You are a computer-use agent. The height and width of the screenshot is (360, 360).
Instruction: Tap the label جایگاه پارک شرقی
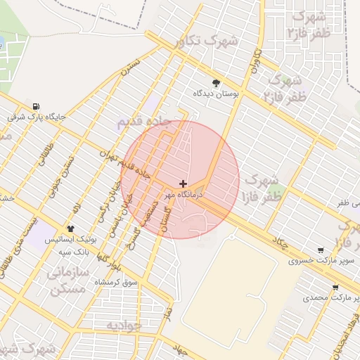click(x=36, y=117)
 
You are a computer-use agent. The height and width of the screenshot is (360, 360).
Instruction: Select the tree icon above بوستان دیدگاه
click(x=216, y=82)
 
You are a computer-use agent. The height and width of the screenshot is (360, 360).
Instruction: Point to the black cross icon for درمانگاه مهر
click(x=184, y=183)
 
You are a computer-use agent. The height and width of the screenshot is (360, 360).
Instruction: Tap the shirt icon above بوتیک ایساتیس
click(x=70, y=229)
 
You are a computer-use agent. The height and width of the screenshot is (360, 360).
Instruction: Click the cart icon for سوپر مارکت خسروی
click(x=321, y=250)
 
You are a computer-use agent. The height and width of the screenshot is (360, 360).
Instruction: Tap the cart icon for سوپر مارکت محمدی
click(x=335, y=287)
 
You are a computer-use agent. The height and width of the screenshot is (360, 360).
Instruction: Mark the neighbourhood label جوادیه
click(x=124, y=325)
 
